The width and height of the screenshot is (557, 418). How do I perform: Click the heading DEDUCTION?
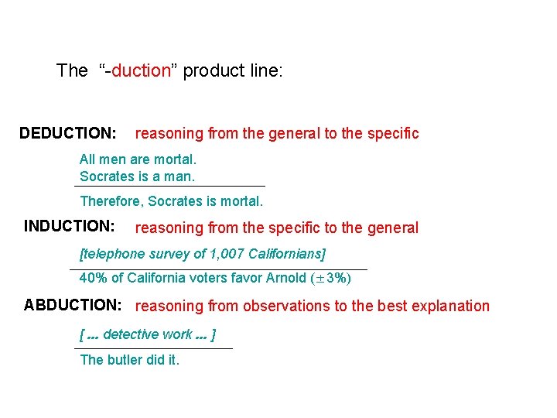point(68,133)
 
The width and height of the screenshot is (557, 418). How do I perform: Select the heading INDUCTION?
point(70,226)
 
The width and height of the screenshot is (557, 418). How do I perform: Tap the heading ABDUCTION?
point(73,305)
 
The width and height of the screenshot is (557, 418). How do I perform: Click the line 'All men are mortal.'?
point(138,159)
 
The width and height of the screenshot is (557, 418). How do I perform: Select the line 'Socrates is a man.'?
point(137,176)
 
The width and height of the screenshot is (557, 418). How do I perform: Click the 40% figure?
point(93,278)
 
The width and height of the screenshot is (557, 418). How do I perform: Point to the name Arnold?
point(285,278)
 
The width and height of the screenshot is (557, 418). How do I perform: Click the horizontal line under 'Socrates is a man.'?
point(170,186)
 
